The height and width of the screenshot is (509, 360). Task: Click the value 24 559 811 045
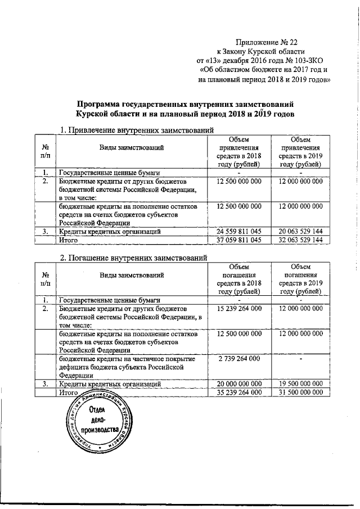(238, 231)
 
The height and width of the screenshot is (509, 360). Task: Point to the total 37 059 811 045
(238, 240)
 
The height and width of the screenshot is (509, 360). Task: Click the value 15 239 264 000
(238, 309)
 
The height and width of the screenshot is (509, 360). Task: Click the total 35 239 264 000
(238, 392)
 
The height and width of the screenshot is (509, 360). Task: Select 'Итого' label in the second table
(68, 392)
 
